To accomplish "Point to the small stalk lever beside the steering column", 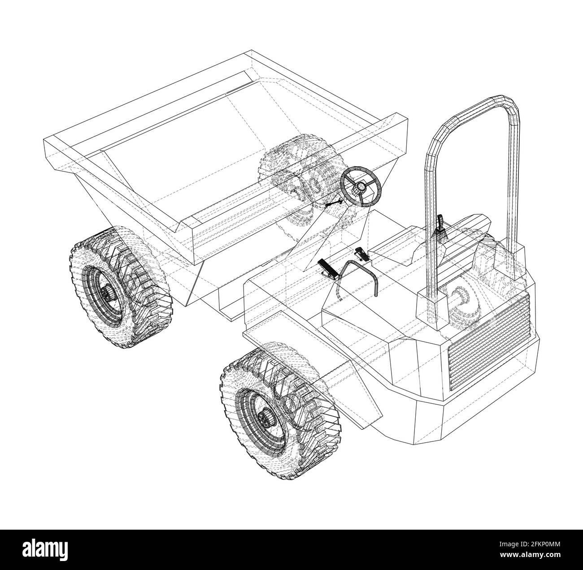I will click(x=334, y=204).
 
